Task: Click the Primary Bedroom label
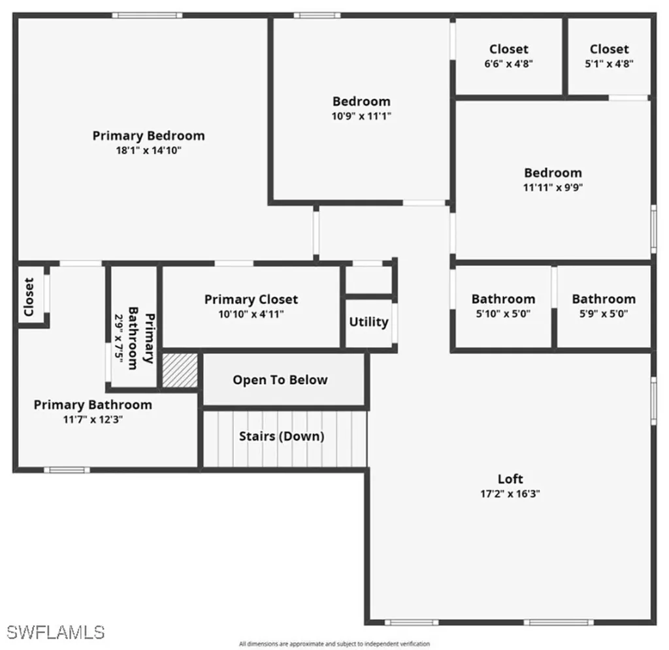tap(148, 136)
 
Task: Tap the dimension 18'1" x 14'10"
tap(148, 150)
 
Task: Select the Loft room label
tap(510, 479)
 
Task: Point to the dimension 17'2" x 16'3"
tap(510, 494)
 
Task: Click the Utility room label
tap(368, 321)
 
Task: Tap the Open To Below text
tap(280, 380)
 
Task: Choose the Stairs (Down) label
tap(282, 436)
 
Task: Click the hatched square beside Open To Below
tap(180, 370)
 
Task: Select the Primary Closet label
tap(251, 299)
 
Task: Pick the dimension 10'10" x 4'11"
tap(251, 314)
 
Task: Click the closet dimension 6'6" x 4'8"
tap(509, 64)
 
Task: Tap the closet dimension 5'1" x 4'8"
tap(609, 64)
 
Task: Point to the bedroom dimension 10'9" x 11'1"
tap(361, 116)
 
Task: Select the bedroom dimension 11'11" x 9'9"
tap(553, 187)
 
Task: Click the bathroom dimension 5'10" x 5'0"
tap(503, 314)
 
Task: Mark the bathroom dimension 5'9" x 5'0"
tap(603, 314)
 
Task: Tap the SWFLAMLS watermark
tap(56, 632)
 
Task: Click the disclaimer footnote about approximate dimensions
tap(334, 644)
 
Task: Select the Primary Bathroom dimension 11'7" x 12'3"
tap(93, 419)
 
